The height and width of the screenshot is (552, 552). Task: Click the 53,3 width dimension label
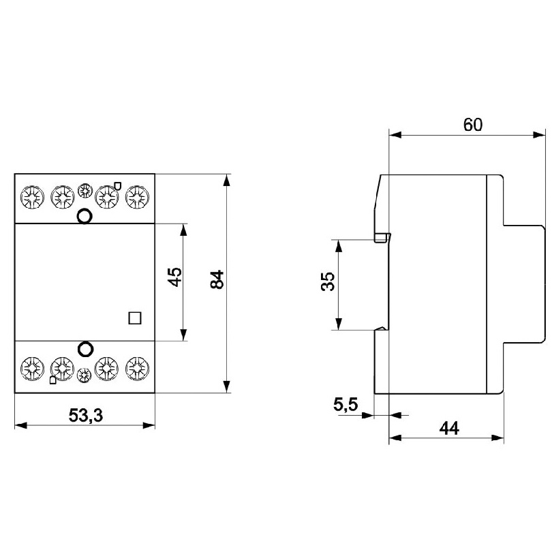[86, 415]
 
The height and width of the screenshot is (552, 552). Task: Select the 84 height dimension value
[217, 279]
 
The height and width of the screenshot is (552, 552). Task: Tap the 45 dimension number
[174, 277]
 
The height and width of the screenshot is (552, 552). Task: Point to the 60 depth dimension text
[473, 125]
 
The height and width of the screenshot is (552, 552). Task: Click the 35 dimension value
[328, 281]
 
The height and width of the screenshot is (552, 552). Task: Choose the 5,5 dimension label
[346, 405]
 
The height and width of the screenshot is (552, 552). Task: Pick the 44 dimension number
[449, 428]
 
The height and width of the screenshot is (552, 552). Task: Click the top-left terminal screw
[32, 197]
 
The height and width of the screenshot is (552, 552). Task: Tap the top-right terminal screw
[137, 197]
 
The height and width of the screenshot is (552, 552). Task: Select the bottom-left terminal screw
[33, 369]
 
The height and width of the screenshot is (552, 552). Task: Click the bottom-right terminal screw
[137, 369]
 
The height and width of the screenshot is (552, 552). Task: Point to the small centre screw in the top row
[85, 190]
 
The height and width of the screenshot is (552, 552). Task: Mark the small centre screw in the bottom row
[84, 375]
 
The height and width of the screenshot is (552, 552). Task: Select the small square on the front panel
[135, 318]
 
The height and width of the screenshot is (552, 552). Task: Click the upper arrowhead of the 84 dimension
[227, 180]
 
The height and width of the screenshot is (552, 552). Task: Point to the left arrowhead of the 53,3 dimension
[20, 425]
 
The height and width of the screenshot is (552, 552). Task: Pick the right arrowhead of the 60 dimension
[539, 134]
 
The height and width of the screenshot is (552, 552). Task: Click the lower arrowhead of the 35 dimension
[338, 324]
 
